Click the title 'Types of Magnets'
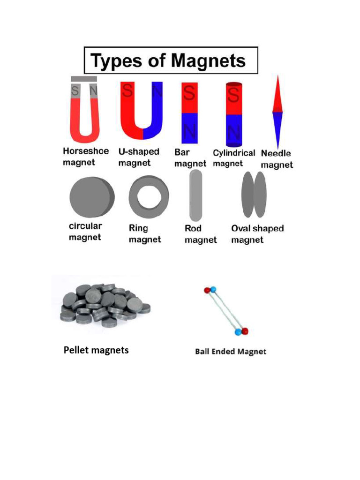(x=168, y=61)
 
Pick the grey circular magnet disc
(x=91, y=196)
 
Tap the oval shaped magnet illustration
(x=253, y=195)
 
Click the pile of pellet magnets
(x=104, y=305)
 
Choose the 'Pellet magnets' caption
(x=96, y=350)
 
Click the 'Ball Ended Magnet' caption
(x=230, y=351)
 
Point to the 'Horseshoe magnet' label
(x=86, y=157)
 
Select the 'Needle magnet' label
(x=277, y=159)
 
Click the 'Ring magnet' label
(x=145, y=233)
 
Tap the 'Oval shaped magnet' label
(x=257, y=234)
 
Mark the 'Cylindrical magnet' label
(x=234, y=158)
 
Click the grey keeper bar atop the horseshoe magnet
(x=84, y=79)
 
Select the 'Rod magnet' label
(x=201, y=234)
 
